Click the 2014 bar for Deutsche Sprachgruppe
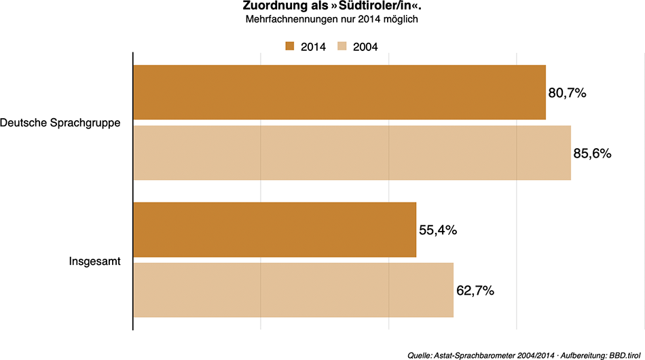click(339, 92)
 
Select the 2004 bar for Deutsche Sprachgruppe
click(352, 153)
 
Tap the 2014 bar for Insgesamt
click(274, 230)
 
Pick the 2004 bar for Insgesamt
click(293, 290)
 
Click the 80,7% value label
click(567, 93)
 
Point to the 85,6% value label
click(593, 154)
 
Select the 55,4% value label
click(437, 230)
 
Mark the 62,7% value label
click(475, 291)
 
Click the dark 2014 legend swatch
click(290, 46)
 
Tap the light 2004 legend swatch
click(343, 46)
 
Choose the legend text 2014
click(313, 47)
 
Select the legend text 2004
click(365, 47)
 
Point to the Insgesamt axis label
click(94, 260)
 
